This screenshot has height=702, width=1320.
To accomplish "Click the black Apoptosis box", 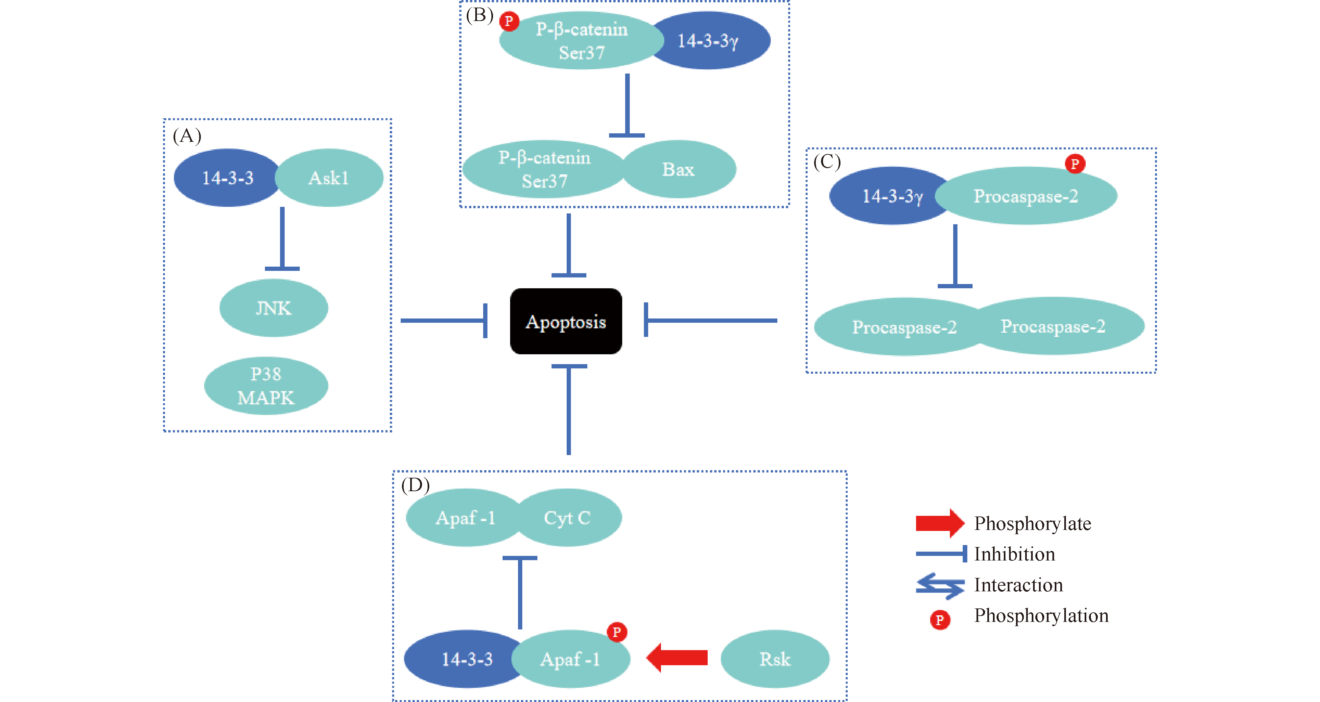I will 566,321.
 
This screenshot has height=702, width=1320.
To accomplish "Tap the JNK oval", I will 274,308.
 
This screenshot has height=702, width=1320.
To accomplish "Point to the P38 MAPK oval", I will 266,385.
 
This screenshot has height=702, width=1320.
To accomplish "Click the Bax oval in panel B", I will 678,169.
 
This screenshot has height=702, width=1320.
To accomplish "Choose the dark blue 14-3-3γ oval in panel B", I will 712,40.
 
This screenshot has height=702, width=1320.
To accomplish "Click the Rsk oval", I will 775,659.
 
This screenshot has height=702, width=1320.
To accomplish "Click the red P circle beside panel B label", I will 509,21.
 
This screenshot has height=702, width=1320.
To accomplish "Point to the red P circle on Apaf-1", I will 617,632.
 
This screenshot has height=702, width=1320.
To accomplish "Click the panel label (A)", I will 187,136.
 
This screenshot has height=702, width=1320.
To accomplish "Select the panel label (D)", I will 415,484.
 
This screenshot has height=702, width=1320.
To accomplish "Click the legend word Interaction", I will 1018,585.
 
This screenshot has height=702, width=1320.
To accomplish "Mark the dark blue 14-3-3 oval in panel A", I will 227,178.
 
